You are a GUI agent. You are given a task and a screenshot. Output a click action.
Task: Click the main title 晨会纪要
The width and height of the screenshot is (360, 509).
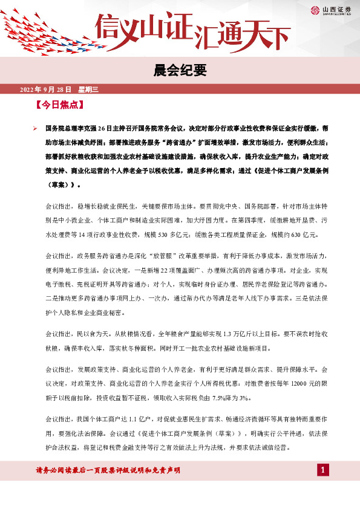click(x=180, y=71)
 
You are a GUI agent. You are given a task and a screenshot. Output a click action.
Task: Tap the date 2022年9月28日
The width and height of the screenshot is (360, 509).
click(x=46, y=89)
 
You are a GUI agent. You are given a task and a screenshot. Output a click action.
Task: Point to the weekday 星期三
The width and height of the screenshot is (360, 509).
click(x=89, y=89)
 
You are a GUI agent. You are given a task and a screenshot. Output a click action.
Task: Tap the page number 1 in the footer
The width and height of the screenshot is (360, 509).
click(x=323, y=470)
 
